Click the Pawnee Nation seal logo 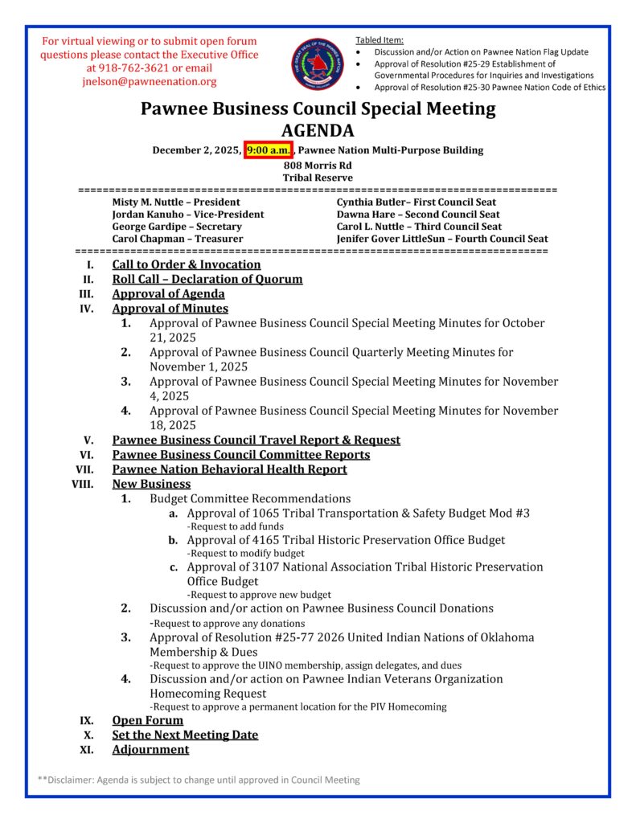coord(317,63)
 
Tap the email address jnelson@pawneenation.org coord(149,82)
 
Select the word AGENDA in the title coord(318,130)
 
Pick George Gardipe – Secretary coord(177,227)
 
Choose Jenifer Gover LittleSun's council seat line coord(442,239)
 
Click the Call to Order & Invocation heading coord(187,264)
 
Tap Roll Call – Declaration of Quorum coord(207,279)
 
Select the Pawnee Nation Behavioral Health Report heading coord(229,469)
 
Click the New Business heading coord(151,484)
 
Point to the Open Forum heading coord(148,720)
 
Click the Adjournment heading coord(150,749)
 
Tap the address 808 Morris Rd coord(318,166)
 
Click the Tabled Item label coord(380,40)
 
